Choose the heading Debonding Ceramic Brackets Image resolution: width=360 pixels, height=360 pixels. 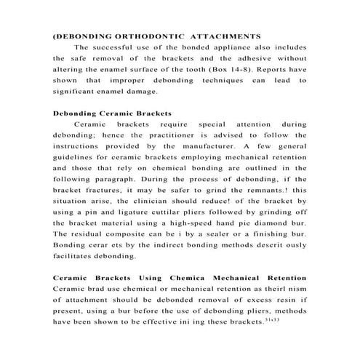coord(113,114)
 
